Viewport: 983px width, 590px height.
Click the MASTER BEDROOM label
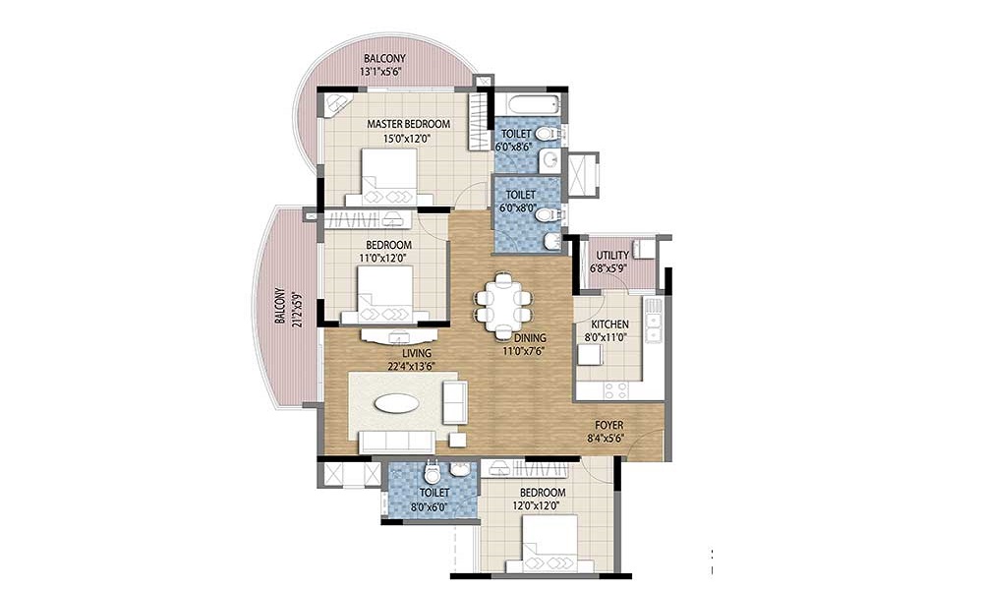pyautogui.click(x=408, y=124)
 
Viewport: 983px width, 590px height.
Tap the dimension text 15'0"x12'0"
pyautogui.click(x=408, y=139)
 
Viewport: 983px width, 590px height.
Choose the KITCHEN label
pyautogui.click(x=610, y=324)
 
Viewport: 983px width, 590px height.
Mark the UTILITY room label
pyautogui.click(x=612, y=256)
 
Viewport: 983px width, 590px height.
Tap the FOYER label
pyautogui.click(x=608, y=425)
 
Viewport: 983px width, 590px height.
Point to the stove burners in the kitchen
pyautogui.click(x=615, y=390)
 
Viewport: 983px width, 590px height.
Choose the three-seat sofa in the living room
pyautogui.click(x=396, y=442)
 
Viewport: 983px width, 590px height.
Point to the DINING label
pyautogui.click(x=530, y=338)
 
